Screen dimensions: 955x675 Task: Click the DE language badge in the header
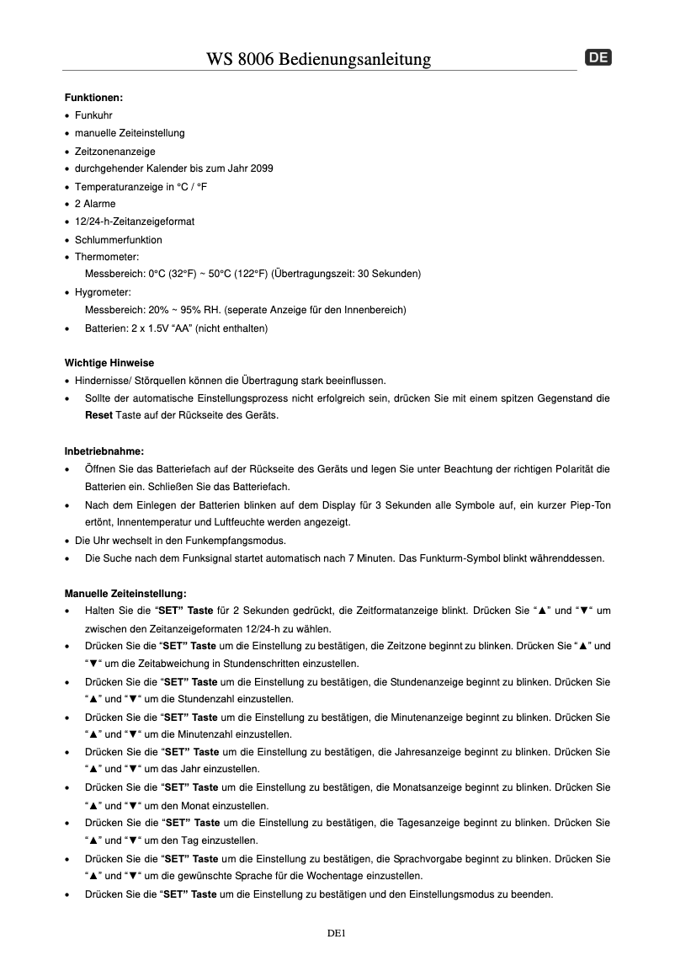(x=598, y=58)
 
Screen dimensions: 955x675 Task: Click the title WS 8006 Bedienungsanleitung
(x=319, y=59)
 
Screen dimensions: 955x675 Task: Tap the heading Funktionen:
(x=94, y=98)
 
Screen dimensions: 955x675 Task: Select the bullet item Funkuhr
(x=93, y=115)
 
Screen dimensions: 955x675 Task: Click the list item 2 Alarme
(x=95, y=204)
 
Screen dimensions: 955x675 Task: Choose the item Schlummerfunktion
(x=119, y=240)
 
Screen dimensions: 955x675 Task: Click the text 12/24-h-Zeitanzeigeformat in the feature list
(x=135, y=221)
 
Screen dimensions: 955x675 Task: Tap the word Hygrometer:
(x=103, y=292)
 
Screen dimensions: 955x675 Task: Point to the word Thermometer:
(x=107, y=257)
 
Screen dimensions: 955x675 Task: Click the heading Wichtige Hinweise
(x=109, y=363)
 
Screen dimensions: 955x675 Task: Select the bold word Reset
(x=98, y=416)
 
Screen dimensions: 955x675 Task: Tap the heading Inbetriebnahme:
(x=104, y=451)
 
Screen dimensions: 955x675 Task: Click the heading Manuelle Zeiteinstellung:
(x=125, y=593)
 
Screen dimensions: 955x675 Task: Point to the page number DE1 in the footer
(x=337, y=933)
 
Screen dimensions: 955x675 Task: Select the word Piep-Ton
(x=588, y=505)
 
